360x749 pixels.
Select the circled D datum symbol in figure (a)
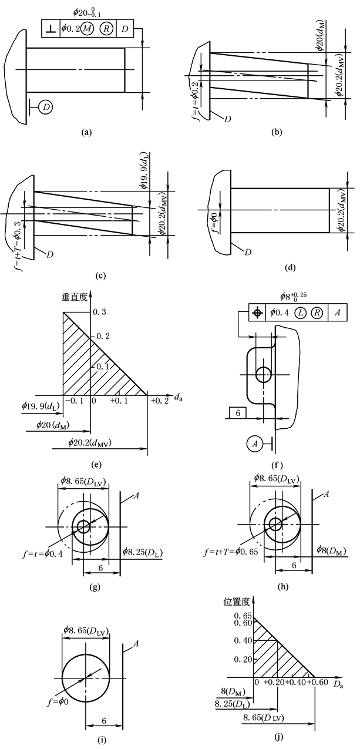tap(46, 106)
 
